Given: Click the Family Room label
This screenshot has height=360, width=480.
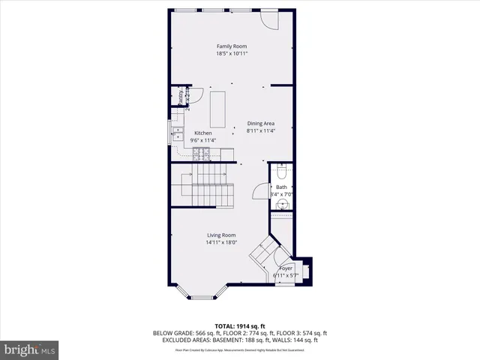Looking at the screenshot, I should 232,46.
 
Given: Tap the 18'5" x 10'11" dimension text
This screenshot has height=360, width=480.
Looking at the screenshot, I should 232,54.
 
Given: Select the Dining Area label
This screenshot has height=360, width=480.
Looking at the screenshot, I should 260,124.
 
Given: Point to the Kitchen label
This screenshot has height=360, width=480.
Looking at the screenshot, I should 202,133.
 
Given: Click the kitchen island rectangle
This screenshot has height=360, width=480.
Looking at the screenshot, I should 219,109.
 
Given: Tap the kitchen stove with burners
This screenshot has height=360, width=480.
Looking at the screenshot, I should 202,154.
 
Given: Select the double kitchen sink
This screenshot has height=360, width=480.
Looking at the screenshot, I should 177,135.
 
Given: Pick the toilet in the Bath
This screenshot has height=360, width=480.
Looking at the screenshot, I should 281,169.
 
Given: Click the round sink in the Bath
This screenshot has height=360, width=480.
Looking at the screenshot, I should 283,203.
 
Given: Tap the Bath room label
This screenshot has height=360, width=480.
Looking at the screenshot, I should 281,187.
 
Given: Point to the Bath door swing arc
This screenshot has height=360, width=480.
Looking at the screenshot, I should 262,193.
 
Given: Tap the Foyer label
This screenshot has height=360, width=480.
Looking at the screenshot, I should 285,268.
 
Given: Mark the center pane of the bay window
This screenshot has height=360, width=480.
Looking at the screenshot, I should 203,298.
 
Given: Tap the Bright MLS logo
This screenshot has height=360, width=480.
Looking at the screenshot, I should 30,349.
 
